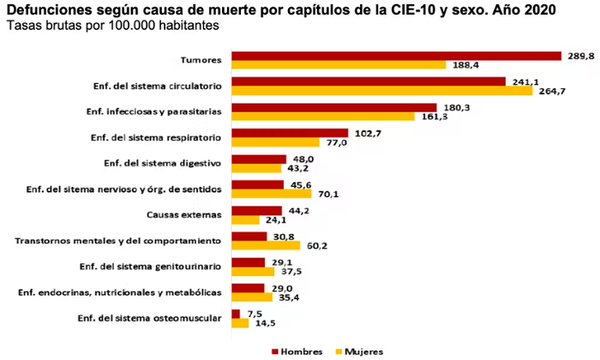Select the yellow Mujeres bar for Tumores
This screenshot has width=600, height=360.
(x=339, y=65)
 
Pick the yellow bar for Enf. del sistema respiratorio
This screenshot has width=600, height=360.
(x=275, y=142)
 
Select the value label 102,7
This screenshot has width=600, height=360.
(x=367, y=133)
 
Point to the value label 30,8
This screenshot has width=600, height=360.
(x=285, y=236)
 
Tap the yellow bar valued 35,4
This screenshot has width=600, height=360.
(x=252, y=297)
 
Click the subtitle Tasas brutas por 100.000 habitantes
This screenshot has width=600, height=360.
(x=111, y=27)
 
